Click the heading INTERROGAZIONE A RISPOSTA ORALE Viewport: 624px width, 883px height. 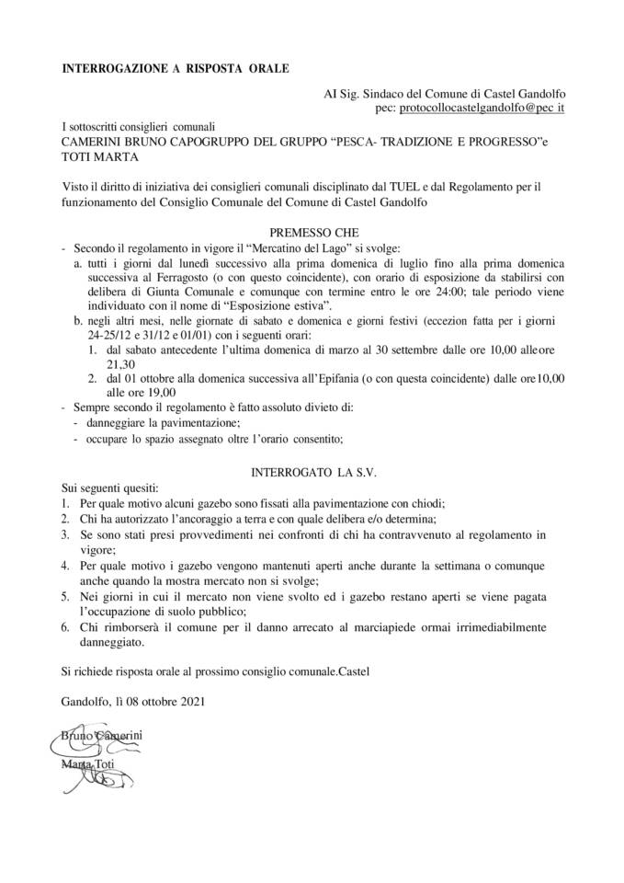[175, 68]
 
